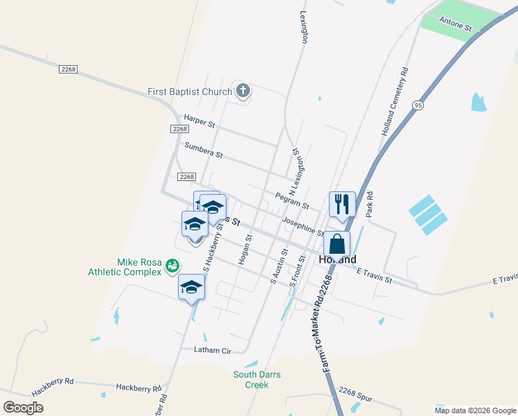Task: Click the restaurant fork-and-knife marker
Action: [x=342, y=204]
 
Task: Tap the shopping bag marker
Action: [x=337, y=244]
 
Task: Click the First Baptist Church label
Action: [x=190, y=92]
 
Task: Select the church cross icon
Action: [x=242, y=90]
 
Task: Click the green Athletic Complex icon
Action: [x=172, y=264]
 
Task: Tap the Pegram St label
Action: [x=292, y=200]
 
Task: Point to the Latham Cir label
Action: [x=212, y=351]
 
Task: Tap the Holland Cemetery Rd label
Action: [x=395, y=101]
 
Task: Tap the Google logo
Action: [x=24, y=408]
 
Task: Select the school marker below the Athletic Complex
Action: [x=192, y=287]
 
